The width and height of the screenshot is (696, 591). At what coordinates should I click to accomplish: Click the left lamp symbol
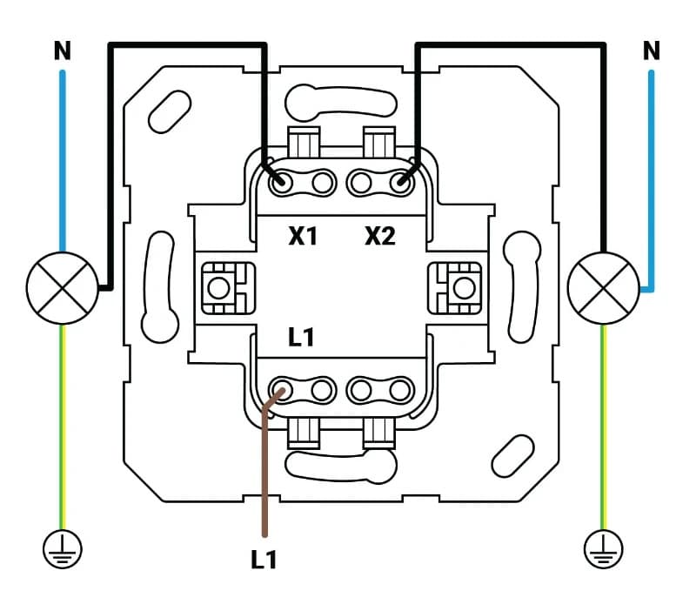62,287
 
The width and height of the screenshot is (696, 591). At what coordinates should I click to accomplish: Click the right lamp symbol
603,287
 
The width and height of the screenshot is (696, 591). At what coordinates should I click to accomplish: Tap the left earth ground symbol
62,547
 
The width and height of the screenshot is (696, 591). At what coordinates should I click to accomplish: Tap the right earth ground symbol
603,547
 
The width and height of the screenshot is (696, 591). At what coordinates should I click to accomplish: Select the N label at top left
62,51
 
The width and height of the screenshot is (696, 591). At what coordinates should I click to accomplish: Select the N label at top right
651,51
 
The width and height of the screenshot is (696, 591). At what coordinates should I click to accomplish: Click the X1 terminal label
303,235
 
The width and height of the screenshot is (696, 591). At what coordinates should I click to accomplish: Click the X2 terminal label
380,235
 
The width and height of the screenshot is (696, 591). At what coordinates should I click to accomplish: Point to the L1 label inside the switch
300,338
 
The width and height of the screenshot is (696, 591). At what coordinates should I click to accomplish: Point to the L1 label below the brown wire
264,559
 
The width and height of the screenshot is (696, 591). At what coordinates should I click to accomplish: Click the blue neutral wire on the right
651,174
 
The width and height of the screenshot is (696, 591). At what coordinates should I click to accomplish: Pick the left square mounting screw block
223,287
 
